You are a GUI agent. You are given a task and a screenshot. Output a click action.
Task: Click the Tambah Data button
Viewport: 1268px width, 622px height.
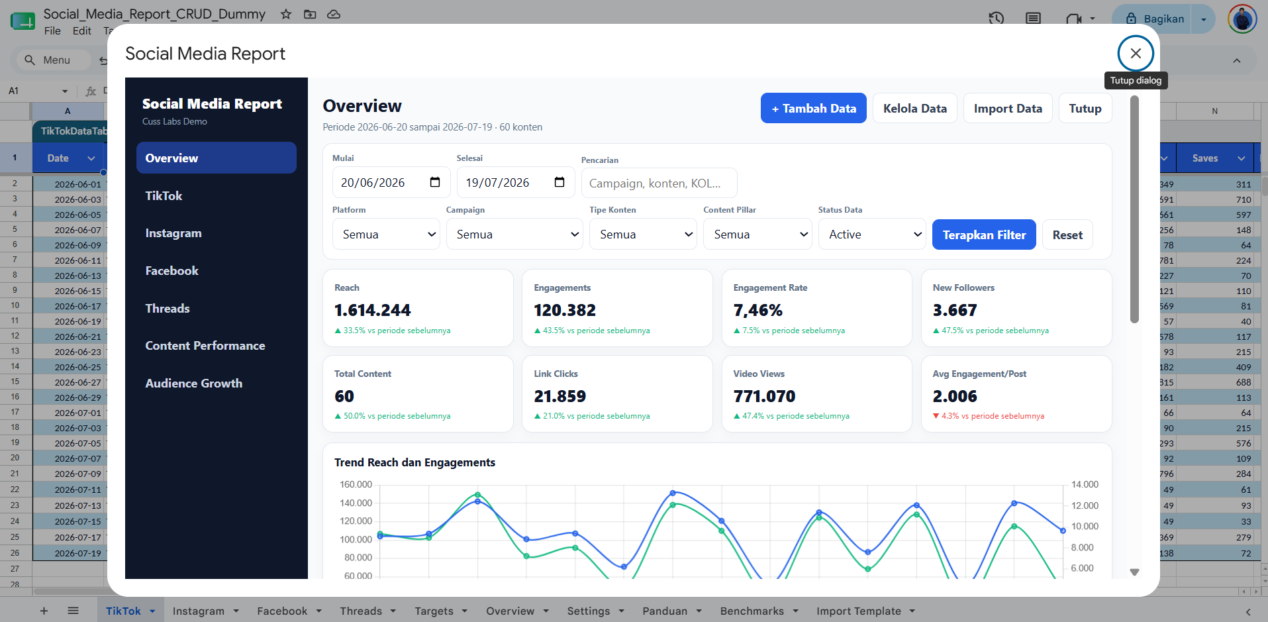813,108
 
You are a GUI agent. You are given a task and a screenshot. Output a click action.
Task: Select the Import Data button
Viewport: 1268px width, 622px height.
1008,108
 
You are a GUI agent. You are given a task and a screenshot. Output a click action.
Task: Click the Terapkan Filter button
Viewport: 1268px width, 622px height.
984,234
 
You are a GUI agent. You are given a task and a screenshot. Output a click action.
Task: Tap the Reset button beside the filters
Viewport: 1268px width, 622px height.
1067,234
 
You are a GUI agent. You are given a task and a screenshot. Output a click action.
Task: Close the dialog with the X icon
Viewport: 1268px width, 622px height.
1136,53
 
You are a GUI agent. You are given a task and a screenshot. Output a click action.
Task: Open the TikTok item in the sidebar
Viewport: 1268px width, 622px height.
164,195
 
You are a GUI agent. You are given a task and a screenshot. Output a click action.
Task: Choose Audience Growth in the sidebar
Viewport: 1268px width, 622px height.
193,383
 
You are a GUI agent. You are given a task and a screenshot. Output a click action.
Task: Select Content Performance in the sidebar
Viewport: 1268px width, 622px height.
205,345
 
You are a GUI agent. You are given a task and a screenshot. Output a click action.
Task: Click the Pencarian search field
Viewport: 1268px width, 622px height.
659,183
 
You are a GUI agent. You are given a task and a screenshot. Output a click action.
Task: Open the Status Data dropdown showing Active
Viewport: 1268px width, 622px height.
872,234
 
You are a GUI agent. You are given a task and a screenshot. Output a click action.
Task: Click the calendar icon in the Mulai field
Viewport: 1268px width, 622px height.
435,182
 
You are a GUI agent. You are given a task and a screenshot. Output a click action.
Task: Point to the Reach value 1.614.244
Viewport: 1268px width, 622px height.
372,310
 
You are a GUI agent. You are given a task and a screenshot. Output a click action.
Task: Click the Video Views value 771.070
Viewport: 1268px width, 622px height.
764,396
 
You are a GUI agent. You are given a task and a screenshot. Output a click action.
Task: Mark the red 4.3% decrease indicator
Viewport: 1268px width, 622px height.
988,416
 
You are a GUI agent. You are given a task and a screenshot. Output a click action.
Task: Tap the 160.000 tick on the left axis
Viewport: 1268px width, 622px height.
356,484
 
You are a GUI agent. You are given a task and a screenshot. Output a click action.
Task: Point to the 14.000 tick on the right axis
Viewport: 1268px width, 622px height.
1085,484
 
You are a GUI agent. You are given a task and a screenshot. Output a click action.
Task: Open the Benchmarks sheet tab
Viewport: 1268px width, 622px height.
752,611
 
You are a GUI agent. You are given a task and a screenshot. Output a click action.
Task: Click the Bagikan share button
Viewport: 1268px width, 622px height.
1155,19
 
